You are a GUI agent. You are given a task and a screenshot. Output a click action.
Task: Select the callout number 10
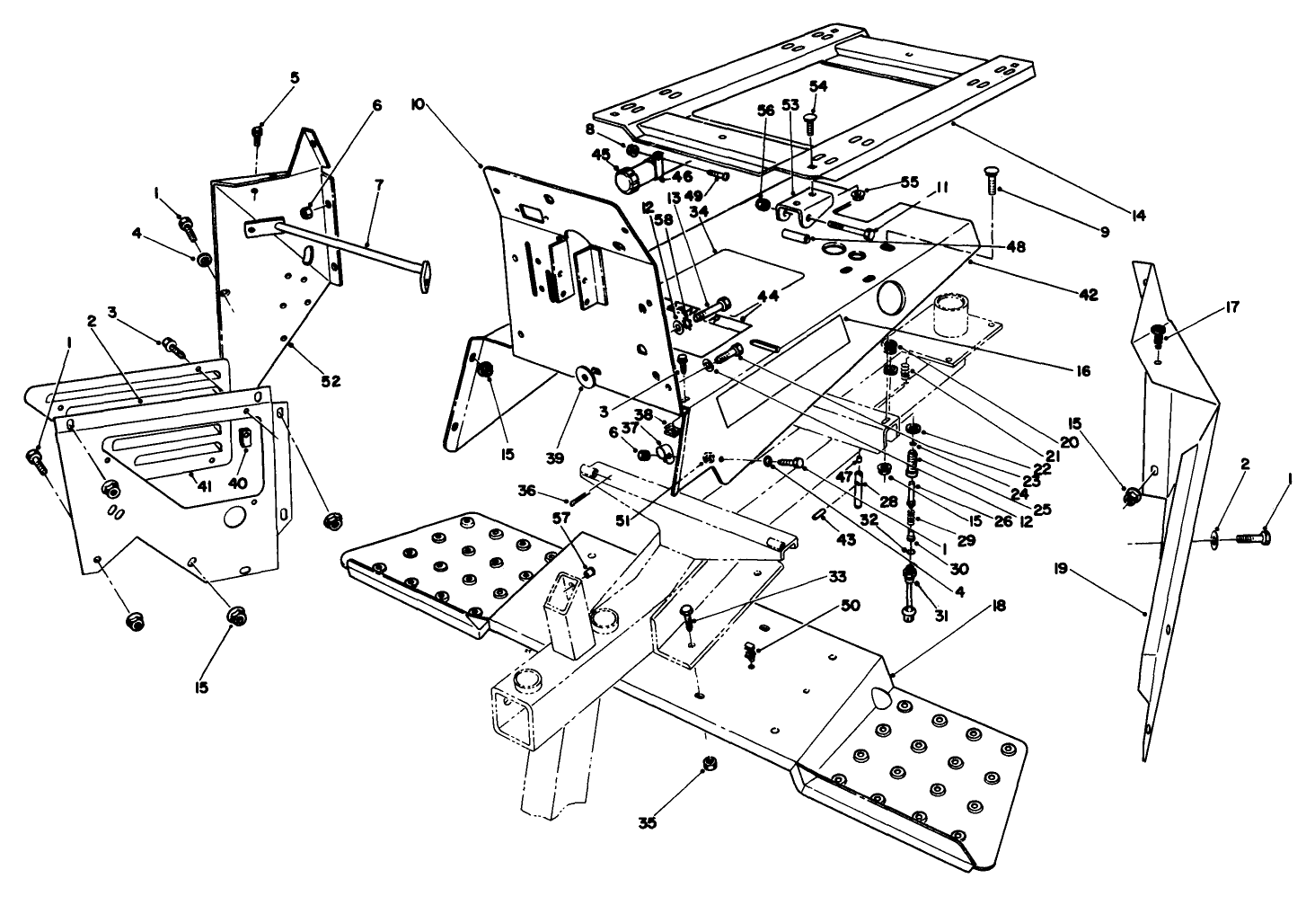[x=419, y=105]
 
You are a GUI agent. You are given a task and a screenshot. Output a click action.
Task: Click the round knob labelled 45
[x=625, y=179]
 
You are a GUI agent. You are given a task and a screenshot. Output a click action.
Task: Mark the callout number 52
[x=330, y=381]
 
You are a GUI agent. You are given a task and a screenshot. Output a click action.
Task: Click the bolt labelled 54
[x=811, y=122]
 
